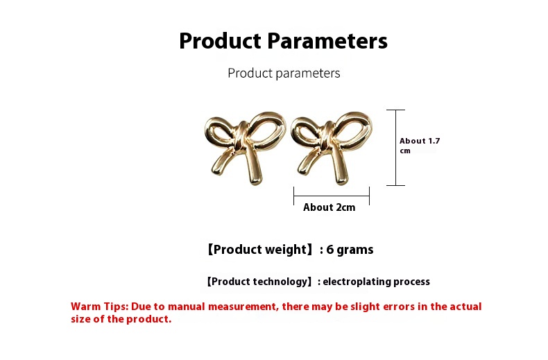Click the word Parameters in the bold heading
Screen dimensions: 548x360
(327, 41)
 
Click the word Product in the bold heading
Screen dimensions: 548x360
(220, 41)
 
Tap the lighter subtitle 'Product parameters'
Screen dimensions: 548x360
(284, 73)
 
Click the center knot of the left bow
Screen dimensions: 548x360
(242, 137)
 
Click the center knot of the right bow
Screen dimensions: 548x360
(328, 137)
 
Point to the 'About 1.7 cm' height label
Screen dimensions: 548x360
(420, 146)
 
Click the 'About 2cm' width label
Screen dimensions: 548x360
(329, 207)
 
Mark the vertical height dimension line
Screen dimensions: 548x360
(395, 148)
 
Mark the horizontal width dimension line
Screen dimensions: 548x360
(332, 196)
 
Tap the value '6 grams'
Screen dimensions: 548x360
(350, 250)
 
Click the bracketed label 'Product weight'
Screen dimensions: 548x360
(259, 250)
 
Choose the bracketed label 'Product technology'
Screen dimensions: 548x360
(259, 282)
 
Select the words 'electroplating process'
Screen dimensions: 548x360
(377, 282)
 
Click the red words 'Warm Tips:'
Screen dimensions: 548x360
(100, 307)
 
